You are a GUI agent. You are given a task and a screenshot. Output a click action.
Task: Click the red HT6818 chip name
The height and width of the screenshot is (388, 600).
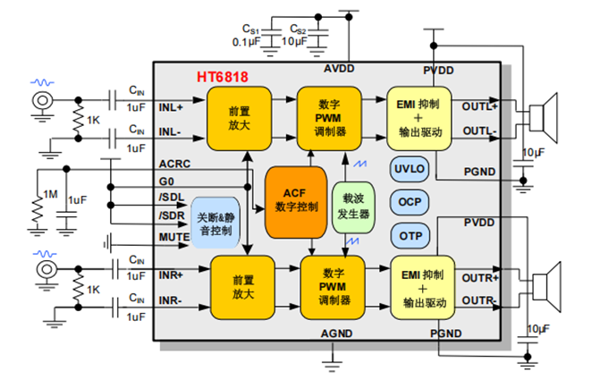tap(223, 78)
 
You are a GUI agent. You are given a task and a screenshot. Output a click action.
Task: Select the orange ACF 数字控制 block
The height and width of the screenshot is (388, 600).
tap(296, 200)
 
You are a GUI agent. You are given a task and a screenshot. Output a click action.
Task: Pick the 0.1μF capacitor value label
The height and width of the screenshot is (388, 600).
tap(246, 41)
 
